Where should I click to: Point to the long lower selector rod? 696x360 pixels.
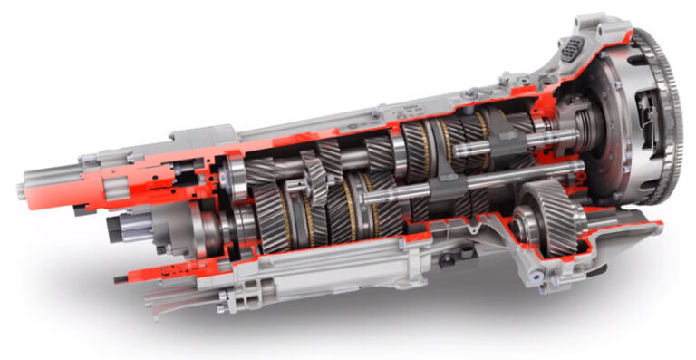[399, 190]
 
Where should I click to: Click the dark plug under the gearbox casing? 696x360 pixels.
[444, 260]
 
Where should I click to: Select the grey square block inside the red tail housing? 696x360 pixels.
[115, 186]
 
